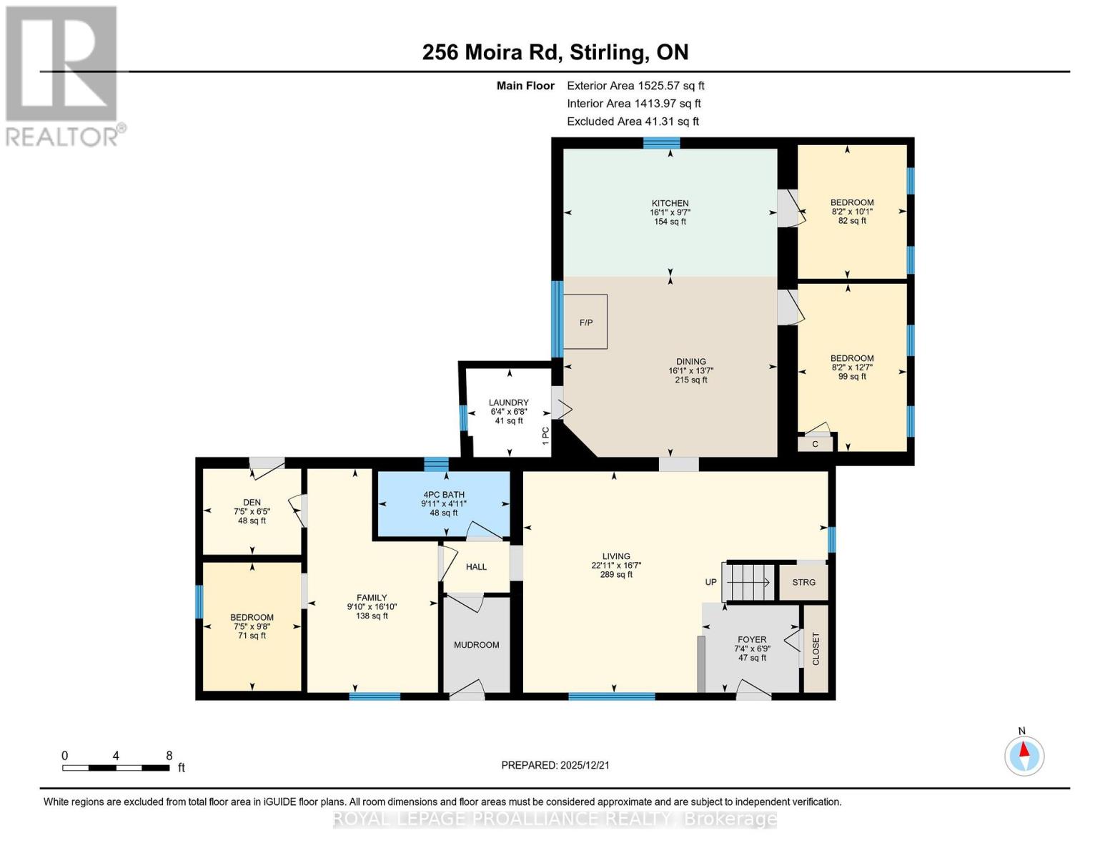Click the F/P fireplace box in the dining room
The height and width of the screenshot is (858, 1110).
[x=585, y=322]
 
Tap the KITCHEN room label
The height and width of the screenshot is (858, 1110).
[x=670, y=203]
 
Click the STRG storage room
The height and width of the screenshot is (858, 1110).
[x=803, y=582]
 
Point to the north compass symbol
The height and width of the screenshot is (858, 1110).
[x=1024, y=755]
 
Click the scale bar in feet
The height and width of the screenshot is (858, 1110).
[x=116, y=768]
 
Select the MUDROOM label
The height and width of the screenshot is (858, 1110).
[x=476, y=645]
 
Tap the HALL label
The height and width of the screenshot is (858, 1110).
[x=476, y=567]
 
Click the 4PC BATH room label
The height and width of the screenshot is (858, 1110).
[x=443, y=494]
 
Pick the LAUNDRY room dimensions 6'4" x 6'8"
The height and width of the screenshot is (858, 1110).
[x=509, y=412]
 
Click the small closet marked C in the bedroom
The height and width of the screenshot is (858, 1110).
[x=815, y=444]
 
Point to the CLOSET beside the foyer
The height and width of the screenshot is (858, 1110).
[x=816, y=649]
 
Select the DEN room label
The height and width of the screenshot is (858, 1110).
[x=252, y=502]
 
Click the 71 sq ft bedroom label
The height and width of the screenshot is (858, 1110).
[x=252, y=636]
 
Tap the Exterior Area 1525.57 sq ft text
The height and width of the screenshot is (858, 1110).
[x=635, y=85]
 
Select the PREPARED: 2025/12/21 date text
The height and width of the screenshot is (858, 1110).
[x=555, y=765]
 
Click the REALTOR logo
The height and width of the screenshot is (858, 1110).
[x=62, y=75]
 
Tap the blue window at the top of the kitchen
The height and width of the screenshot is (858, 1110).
[x=661, y=143]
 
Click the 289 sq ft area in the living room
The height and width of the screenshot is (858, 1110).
[x=616, y=574]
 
